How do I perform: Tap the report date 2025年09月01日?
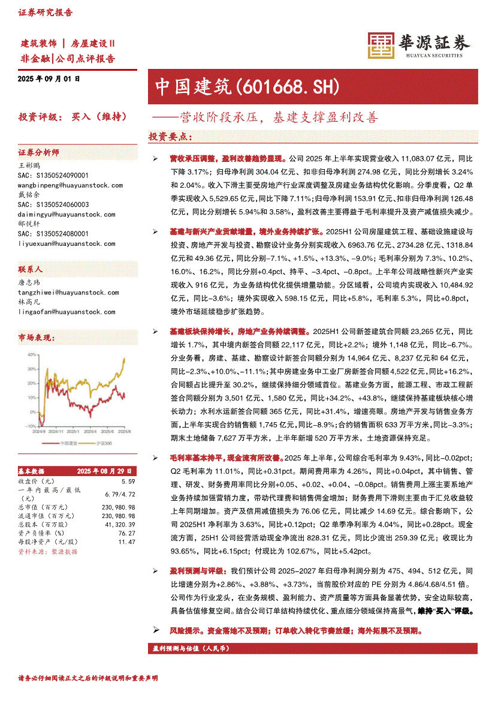tap(49, 79)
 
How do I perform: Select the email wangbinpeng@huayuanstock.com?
tap(67, 186)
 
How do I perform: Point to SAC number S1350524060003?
tap(54, 204)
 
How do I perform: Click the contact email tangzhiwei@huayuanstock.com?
tap(68, 293)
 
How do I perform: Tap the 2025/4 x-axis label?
tap(89, 431)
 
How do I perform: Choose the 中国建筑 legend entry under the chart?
tap(68, 443)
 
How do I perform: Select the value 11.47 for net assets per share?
tap(126, 541)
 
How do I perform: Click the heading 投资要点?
tap(171, 137)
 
